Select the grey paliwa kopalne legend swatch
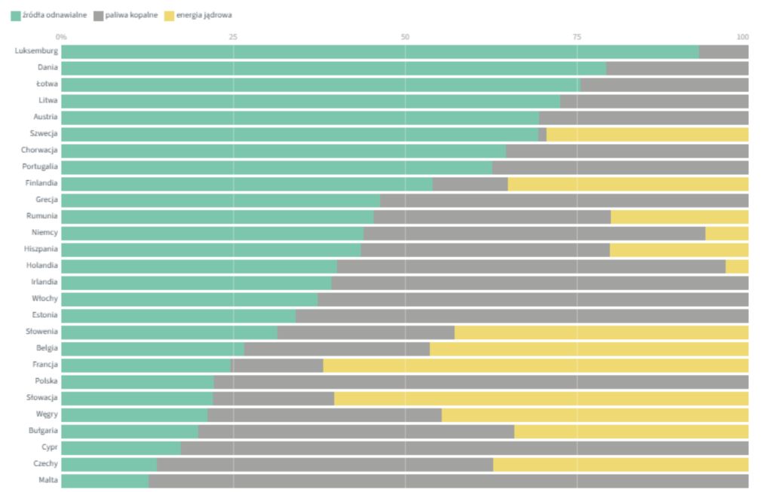click(x=98, y=14)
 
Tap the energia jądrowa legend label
click(x=204, y=14)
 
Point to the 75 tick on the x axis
click(x=577, y=36)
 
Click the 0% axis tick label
click(x=61, y=36)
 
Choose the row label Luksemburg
click(x=35, y=51)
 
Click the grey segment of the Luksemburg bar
click(x=723, y=51)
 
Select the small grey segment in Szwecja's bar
click(x=542, y=133)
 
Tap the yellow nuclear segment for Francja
click(x=535, y=365)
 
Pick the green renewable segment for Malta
click(x=105, y=480)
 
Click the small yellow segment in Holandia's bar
click(x=737, y=265)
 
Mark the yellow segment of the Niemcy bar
click(x=726, y=233)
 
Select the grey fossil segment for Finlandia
click(x=470, y=183)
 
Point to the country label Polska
click(x=45, y=381)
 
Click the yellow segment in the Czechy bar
click(x=621, y=463)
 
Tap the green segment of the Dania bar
click(x=333, y=68)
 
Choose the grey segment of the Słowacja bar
click(x=273, y=398)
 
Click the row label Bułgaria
click(x=42, y=431)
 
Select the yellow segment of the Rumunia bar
click(x=679, y=216)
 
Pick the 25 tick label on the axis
click(x=232, y=36)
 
